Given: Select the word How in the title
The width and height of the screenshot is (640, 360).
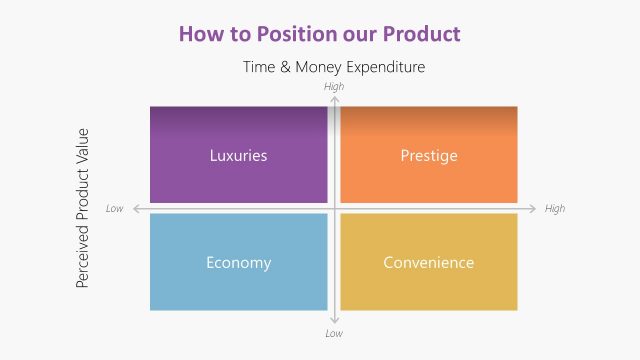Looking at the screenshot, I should [200, 33].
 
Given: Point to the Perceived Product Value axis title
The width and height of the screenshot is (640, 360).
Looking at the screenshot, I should [84, 208].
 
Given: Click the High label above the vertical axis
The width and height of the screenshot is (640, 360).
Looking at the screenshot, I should [334, 87].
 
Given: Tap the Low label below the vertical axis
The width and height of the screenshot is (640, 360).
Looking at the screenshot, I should [334, 333].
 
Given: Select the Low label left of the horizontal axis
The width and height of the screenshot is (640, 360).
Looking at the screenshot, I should [115, 209].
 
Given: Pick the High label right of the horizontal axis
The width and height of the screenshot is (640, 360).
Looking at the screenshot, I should [555, 209].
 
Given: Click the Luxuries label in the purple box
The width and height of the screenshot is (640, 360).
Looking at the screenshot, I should [238, 155].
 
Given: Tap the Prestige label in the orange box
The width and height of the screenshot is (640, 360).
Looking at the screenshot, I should [429, 155].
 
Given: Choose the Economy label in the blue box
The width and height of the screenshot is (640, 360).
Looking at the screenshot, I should [238, 263].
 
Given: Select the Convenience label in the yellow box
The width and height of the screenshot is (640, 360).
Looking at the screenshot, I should [429, 263].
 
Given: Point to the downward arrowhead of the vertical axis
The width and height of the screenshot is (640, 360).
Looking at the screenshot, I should [334, 321].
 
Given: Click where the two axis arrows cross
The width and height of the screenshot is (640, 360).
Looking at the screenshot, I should [334, 209].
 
